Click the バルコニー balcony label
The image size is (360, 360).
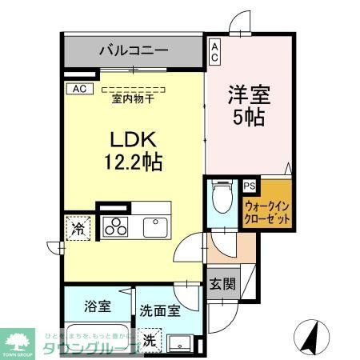(x=134, y=50)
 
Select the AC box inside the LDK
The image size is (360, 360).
(x=81, y=89)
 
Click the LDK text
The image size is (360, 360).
(x=133, y=138)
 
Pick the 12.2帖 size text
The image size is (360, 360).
(x=133, y=163)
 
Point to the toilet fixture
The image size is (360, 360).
(x=222, y=195)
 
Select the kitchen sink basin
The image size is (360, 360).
(x=155, y=226)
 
